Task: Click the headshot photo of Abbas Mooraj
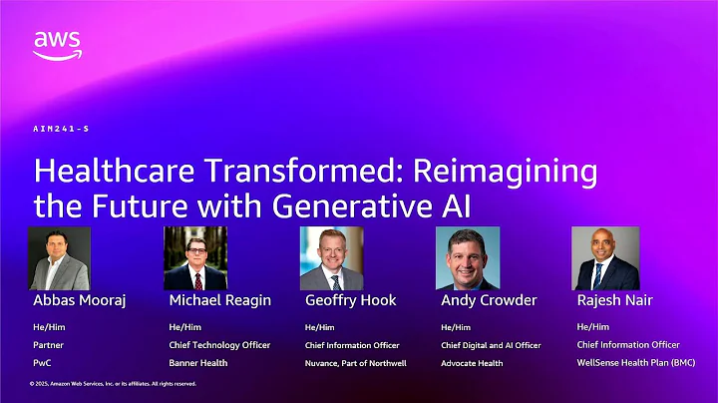pos(59,258)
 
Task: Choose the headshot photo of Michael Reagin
pos(195,258)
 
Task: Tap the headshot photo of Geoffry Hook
pos(331,258)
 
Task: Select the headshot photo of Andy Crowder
pos(467,258)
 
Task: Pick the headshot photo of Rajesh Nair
pos(604,258)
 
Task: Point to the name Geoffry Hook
pos(350,300)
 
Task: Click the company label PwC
pos(42,363)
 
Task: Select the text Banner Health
pos(198,363)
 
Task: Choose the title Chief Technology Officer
pos(219,345)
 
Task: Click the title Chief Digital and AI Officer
pos(491,345)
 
